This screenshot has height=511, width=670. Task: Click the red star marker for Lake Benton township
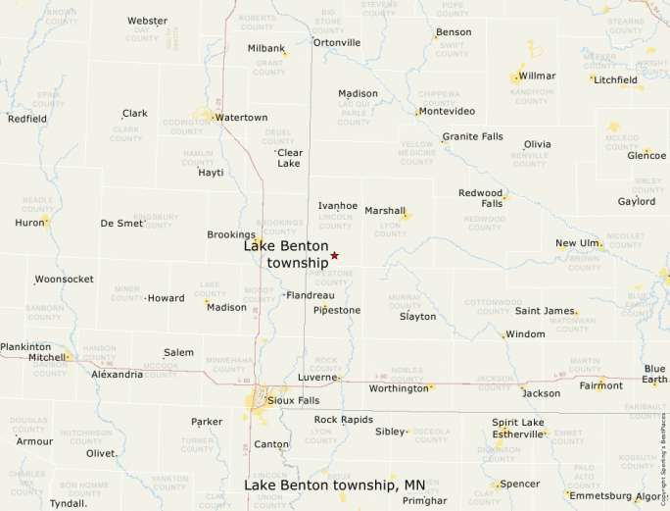(334, 255)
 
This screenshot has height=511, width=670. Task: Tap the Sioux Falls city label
(296, 400)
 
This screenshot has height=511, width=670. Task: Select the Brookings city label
(231, 235)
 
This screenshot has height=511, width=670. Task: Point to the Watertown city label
(242, 118)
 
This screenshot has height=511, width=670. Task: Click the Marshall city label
(385, 211)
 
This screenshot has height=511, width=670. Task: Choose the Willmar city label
(537, 76)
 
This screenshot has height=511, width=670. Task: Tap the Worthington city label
(399, 388)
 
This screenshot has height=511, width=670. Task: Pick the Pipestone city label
(337, 310)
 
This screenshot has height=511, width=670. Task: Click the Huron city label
(30, 223)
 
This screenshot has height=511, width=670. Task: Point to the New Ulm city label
(577, 243)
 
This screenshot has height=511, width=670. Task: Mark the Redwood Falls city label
(481, 198)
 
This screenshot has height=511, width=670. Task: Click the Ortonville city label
(337, 43)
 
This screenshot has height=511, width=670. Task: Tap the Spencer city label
(519, 485)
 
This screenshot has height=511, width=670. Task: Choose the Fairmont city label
(600, 385)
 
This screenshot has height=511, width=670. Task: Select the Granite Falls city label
(473, 136)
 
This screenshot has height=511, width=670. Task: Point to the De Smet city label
(121, 224)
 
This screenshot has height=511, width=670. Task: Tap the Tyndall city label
(68, 503)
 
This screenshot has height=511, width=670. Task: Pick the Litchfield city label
(615, 79)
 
